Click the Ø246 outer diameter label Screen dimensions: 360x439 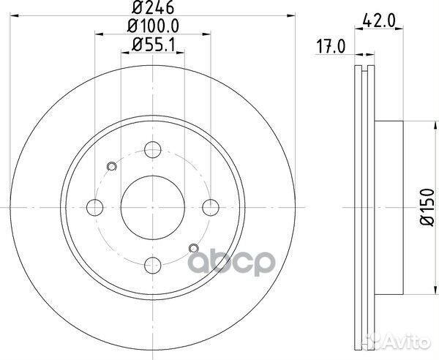click(x=152, y=10)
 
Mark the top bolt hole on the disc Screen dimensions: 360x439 click(x=152, y=149)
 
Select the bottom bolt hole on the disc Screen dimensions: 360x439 click(x=152, y=264)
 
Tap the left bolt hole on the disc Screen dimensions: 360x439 click(x=95, y=207)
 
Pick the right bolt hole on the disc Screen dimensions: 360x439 click(x=210, y=207)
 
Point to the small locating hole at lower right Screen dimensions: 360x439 click(x=193, y=248)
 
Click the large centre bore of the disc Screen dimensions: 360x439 click(x=152, y=207)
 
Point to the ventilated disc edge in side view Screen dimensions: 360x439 click(x=364, y=207)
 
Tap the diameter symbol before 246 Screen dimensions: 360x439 click(x=137, y=10)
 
